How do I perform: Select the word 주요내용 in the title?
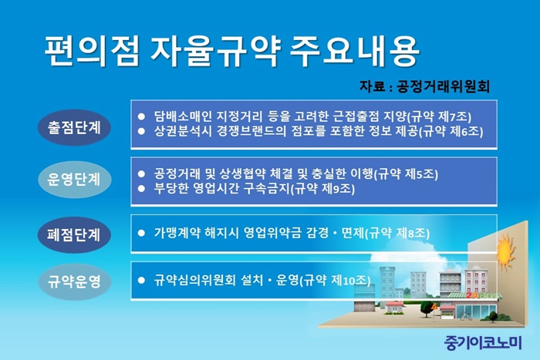click(x=355, y=51)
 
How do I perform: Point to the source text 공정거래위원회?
click(x=444, y=86)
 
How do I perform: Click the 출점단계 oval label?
click(x=74, y=128)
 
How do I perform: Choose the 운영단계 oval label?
click(x=74, y=180)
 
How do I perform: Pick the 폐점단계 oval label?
click(x=74, y=235)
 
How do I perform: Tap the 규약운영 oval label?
click(x=74, y=281)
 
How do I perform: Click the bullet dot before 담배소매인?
click(x=141, y=116)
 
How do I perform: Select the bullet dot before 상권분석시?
click(x=141, y=132)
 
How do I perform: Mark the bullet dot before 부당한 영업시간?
click(x=141, y=189)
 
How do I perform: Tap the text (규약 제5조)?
click(x=406, y=174)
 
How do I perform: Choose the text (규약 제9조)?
click(x=322, y=189)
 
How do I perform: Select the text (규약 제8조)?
click(x=397, y=234)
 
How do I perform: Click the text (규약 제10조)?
click(x=335, y=281)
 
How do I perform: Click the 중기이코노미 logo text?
click(x=483, y=342)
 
